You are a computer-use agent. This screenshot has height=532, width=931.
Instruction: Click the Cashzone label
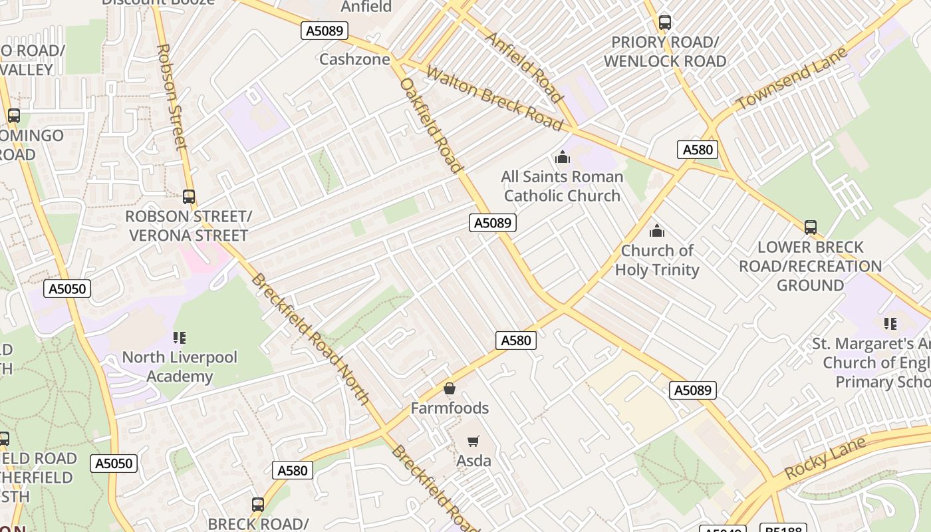tap(354, 59)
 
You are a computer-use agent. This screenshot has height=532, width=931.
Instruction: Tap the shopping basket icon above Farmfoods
tap(450, 388)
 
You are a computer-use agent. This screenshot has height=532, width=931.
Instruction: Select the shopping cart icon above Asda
tap(473, 441)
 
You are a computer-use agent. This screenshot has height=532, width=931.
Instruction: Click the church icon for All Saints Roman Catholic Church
tap(563, 158)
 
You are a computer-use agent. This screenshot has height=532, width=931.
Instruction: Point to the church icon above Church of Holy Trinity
tap(657, 231)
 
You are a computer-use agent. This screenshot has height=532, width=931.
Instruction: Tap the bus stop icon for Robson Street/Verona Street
tap(189, 197)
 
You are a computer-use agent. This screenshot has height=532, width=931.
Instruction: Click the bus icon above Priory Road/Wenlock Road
tap(664, 23)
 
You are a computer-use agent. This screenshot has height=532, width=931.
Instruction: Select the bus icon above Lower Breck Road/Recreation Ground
tap(810, 227)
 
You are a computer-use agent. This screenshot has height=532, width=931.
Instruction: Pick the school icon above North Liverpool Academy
tap(179, 338)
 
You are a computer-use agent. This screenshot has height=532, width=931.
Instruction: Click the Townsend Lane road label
tap(792, 78)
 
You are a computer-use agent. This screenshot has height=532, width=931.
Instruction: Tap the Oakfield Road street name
tap(430, 125)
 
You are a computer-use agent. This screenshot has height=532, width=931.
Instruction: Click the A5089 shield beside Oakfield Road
tap(493, 223)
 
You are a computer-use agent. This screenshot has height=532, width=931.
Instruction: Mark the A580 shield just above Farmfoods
tap(515, 340)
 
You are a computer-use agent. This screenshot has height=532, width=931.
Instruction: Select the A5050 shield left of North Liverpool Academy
tap(67, 289)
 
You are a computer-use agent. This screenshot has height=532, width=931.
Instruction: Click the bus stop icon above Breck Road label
tap(258, 504)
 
